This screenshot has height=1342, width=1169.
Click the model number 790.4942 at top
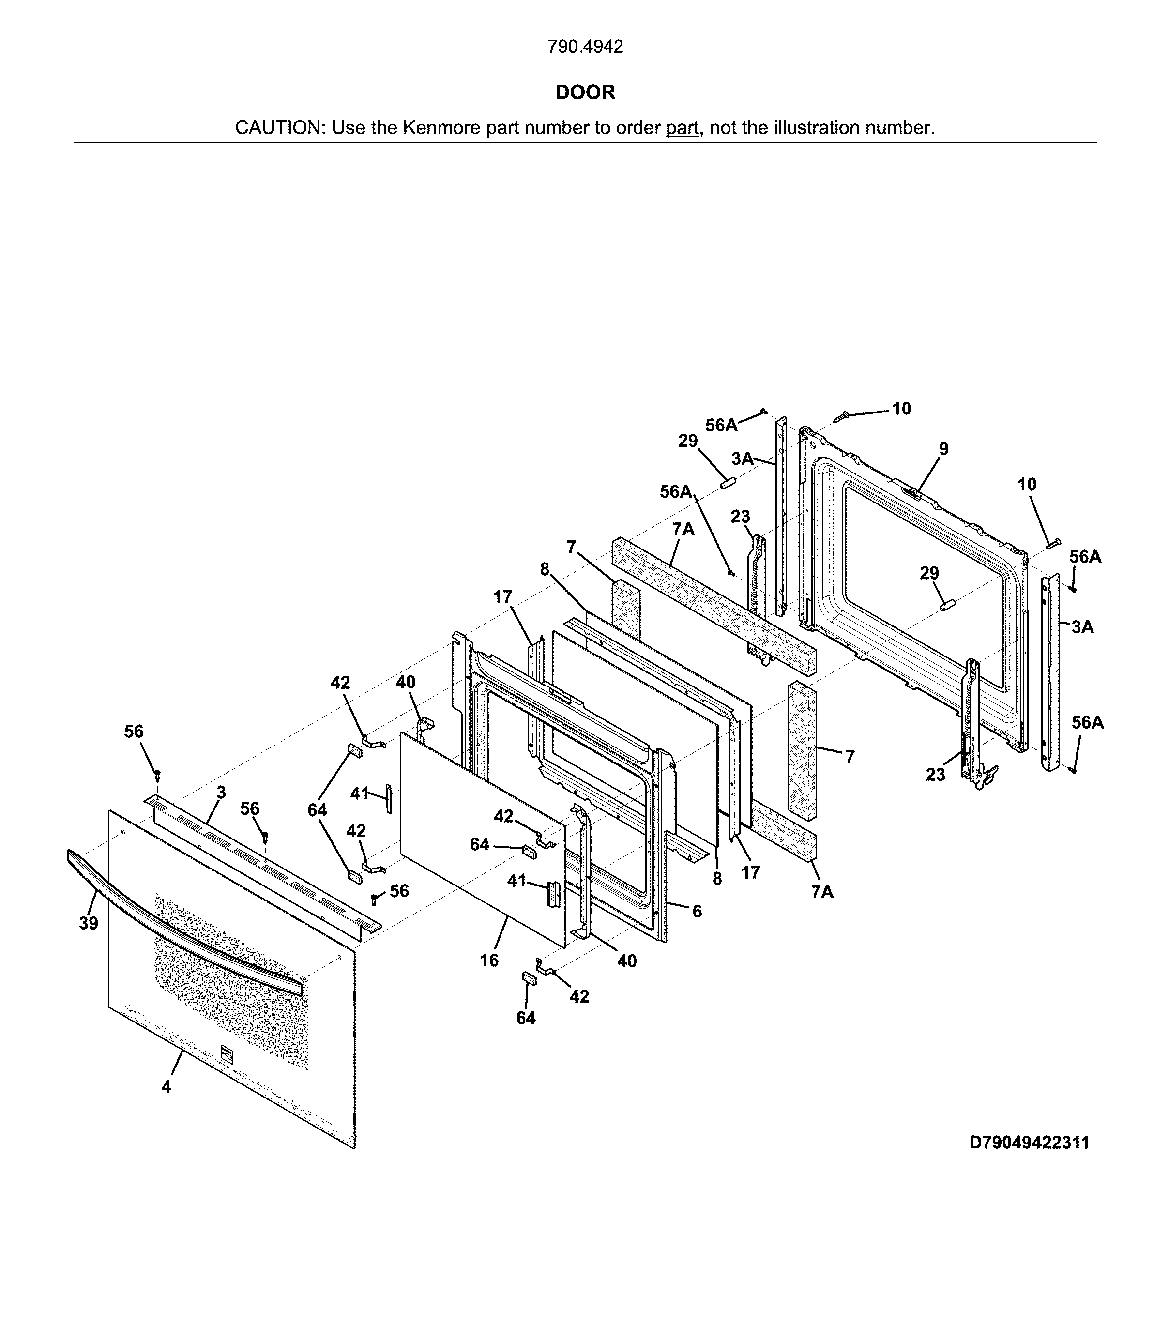pos(585,47)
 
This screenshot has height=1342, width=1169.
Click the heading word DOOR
pos(585,92)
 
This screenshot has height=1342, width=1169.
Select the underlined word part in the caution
pos(682,128)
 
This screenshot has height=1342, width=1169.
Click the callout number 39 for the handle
pos(89,923)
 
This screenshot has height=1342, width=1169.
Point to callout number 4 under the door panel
pos(167,1087)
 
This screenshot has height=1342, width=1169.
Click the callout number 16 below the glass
pos(489,961)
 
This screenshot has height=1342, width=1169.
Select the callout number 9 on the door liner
pos(944,449)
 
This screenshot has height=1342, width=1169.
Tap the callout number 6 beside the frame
pos(697,912)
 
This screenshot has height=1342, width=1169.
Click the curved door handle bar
pos(182,916)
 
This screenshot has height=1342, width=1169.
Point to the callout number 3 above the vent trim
pos(221,793)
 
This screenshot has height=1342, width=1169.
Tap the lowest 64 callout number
pos(526,1018)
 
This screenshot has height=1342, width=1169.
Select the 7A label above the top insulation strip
pos(683,530)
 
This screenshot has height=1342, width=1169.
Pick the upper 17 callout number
pos(503,597)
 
